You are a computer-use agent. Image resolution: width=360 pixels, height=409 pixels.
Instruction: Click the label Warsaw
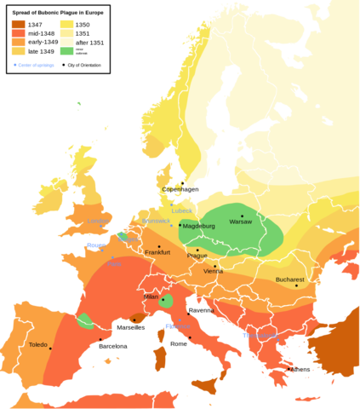coord(241,222)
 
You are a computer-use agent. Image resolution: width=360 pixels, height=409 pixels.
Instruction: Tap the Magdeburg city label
coord(199,226)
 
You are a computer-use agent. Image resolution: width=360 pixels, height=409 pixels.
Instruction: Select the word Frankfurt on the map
coord(157,252)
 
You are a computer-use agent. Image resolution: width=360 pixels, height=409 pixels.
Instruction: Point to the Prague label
coord(197,256)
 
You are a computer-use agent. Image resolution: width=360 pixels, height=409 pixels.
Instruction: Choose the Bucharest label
coord(289,279)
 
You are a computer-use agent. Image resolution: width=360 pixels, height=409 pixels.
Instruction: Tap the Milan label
coord(151,297)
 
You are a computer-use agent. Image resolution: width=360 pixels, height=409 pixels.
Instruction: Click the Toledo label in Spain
coord(37,345)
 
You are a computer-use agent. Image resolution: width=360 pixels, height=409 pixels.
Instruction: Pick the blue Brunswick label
coord(156,221)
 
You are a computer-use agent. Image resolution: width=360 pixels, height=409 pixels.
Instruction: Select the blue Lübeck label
coord(181,210)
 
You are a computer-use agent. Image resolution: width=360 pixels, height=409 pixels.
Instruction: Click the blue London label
coord(98,222)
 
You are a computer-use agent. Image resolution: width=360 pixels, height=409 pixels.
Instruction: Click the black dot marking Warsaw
coord(242,216)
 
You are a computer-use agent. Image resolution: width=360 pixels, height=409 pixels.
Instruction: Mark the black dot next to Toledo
coord(50,348)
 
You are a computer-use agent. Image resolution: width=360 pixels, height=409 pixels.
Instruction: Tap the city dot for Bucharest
coord(296,285)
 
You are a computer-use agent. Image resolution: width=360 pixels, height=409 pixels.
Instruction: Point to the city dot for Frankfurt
coord(158,246)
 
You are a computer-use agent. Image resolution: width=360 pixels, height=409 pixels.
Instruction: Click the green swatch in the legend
coord(66,51)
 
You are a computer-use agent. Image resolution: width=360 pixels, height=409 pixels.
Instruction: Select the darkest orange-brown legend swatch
coord(18,24)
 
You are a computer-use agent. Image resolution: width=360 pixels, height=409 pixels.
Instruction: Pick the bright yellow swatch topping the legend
coord(66,24)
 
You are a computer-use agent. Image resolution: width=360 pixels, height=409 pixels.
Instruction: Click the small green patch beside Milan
coord(168,301)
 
